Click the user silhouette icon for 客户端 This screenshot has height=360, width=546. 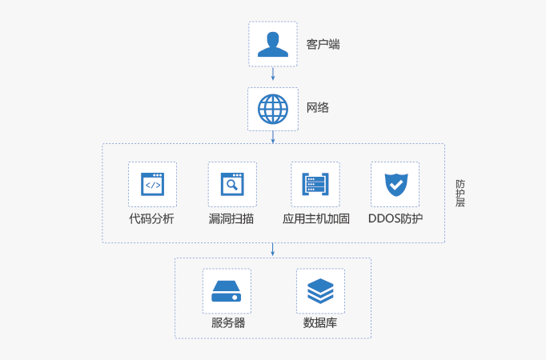click(x=272, y=45)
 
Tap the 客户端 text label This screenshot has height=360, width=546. click(x=323, y=45)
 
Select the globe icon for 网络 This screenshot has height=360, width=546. click(x=272, y=109)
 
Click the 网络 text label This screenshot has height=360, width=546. click(x=318, y=108)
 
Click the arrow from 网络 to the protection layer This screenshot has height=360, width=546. click(x=273, y=138)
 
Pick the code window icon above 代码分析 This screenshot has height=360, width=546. click(x=152, y=185)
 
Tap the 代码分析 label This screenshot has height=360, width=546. click(x=151, y=218)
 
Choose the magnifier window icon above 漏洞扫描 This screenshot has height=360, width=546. click(x=232, y=185)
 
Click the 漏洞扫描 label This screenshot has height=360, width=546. click(x=231, y=218)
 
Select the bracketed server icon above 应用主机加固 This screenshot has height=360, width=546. click(x=315, y=185)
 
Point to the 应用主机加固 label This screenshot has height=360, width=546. click(x=316, y=218)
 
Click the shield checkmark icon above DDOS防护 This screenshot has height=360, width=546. click(x=395, y=185)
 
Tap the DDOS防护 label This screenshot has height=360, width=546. click(x=395, y=218)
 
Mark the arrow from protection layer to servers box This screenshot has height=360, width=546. click(x=273, y=250)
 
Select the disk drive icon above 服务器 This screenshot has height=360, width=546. click(x=227, y=290)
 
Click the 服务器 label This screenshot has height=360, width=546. click(x=228, y=323)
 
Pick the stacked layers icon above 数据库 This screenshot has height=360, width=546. click(x=320, y=290)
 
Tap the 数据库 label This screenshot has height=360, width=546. click(x=320, y=323)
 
